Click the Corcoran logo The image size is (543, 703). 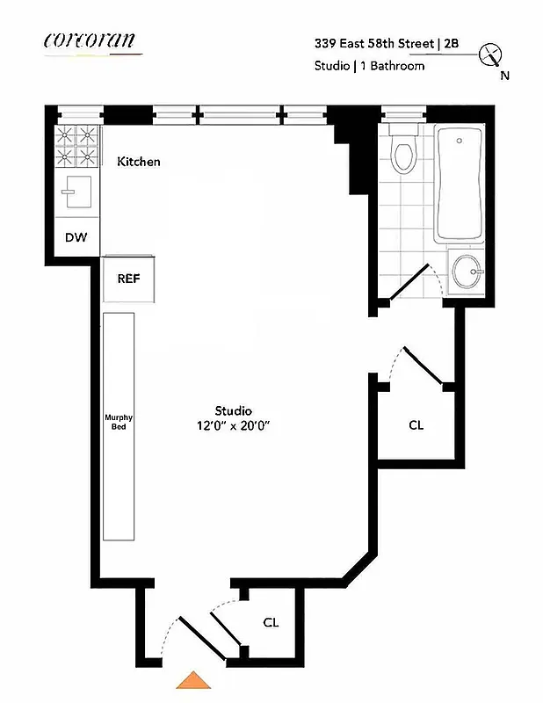(91, 40)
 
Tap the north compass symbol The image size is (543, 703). (490, 56)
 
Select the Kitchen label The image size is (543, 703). (139, 162)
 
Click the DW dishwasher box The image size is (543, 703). (76, 236)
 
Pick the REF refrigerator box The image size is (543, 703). (129, 279)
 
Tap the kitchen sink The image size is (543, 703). (76, 191)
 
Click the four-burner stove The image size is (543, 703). (76, 147)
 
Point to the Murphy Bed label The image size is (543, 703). (118, 422)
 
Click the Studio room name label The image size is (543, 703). (234, 410)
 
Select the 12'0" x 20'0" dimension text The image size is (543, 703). (234, 426)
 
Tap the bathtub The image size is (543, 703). (460, 185)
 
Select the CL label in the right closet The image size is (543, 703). (416, 425)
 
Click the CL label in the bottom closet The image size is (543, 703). (271, 622)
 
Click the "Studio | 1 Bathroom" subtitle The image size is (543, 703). (370, 66)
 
